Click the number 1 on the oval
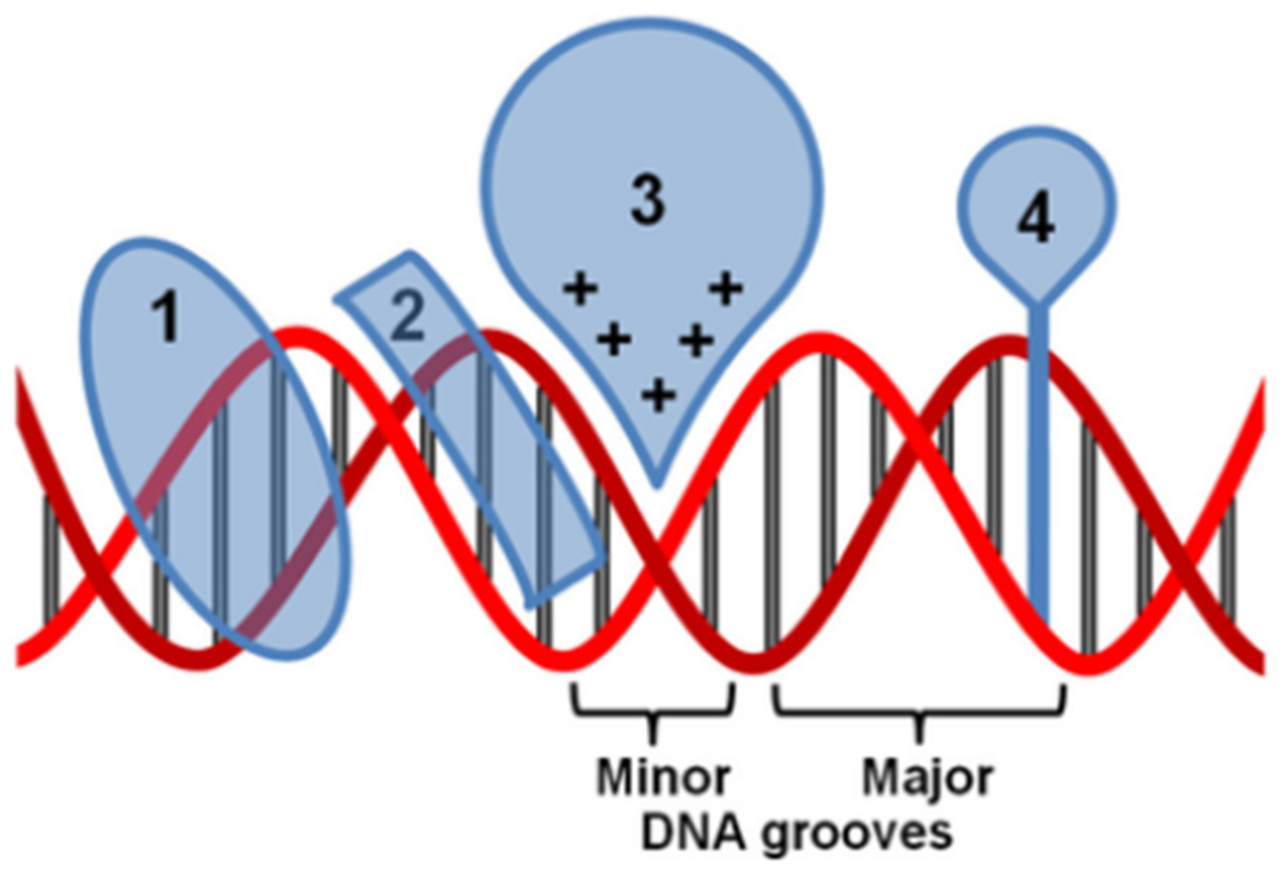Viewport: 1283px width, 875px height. coord(167,317)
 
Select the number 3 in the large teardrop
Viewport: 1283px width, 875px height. coord(648,201)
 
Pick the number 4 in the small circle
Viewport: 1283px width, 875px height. coord(1036,220)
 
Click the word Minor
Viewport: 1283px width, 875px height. coord(663,777)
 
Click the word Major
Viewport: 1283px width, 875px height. coord(927,777)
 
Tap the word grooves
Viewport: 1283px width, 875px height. coord(857,834)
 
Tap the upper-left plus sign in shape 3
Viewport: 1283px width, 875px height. coord(581,289)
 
